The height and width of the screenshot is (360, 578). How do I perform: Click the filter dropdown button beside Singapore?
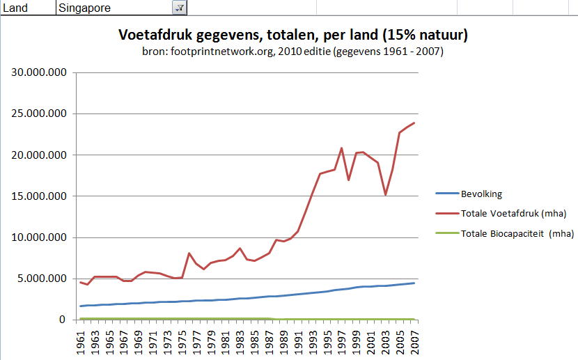[x=179, y=8]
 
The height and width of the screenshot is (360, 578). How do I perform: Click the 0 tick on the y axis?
[x=63, y=320]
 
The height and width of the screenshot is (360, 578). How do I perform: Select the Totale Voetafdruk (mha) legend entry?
[x=513, y=213]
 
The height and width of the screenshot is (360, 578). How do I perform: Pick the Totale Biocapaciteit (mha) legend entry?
[x=517, y=233]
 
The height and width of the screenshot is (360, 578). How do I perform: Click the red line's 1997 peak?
[x=341, y=148]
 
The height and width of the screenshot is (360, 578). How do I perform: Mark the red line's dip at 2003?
[x=386, y=195]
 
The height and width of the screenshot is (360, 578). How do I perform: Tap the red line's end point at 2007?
[x=414, y=123]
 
